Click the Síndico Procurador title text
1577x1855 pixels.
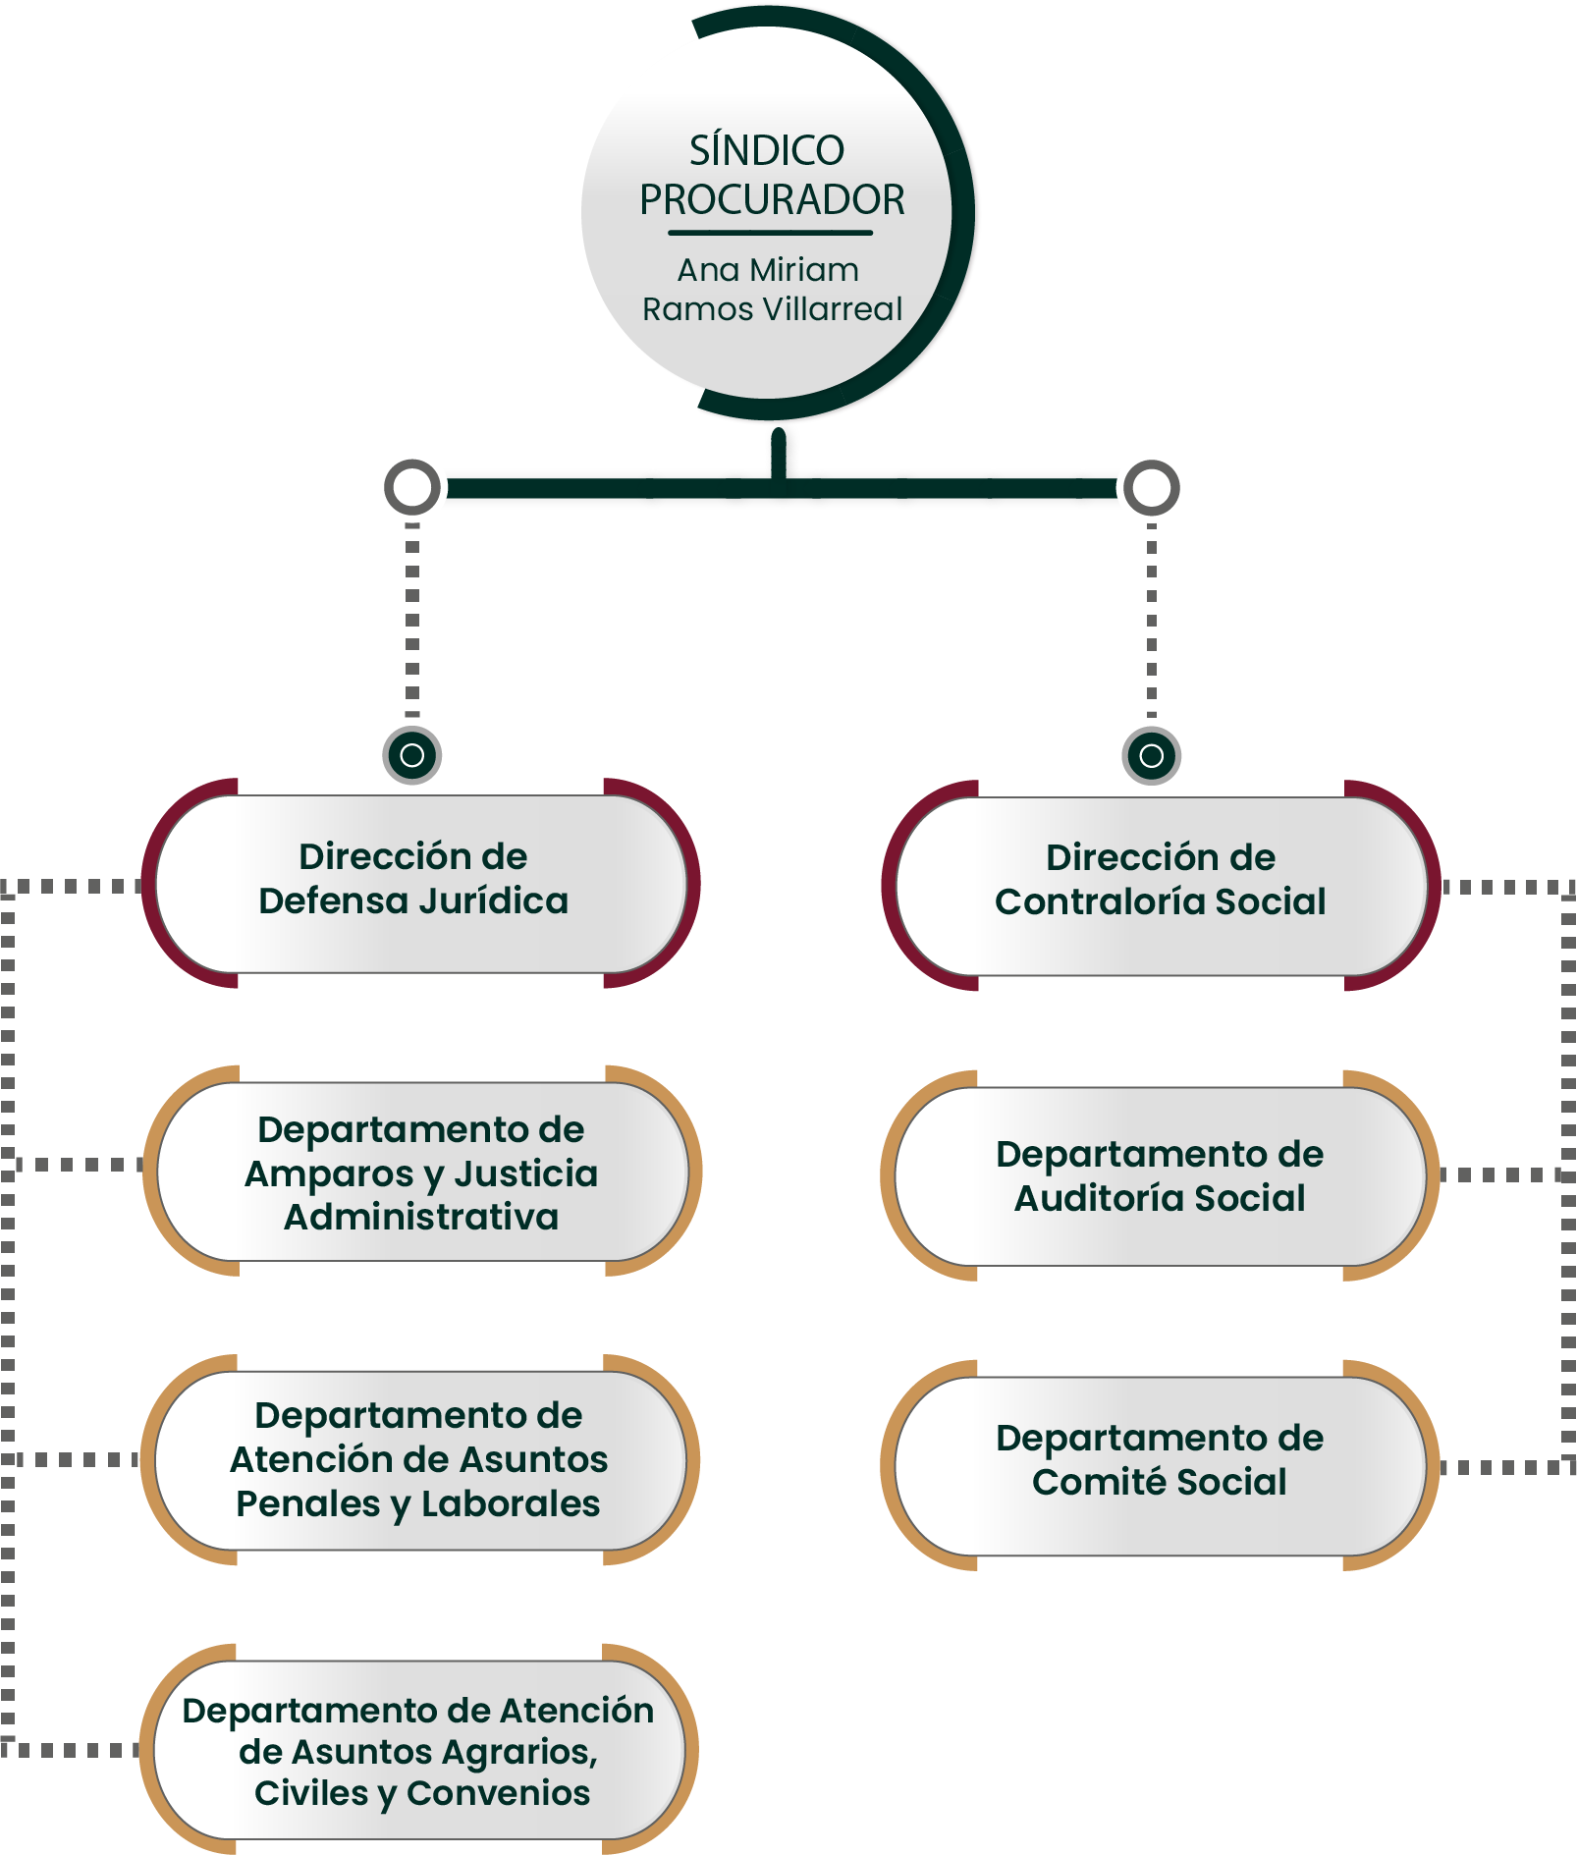(x=771, y=175)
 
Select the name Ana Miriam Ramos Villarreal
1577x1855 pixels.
(x=771, y=289)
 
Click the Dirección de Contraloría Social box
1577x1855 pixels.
(x=1160, y=880)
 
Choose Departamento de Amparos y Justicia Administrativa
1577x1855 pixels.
(x=421, y=1173)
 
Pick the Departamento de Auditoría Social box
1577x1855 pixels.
(x=1160, y=1175)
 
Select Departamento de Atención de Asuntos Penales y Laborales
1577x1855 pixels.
(x=419, y=1459)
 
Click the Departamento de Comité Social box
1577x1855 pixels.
(x=1160, y=1459)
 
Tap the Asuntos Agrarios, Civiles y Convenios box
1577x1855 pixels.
(x=419, y=1751)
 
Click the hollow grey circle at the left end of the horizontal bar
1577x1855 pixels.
(x=412, y=487)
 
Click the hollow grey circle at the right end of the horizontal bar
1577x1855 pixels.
(x=1151, y=487)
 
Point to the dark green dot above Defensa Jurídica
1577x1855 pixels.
(x=412, y=755)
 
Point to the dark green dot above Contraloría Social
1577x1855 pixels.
(x=1151, y=755)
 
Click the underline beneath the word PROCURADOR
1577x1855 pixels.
(x=771, y=233)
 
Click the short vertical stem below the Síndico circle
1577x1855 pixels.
(x=779, y=454)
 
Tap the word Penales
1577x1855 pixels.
(x=307, y=1504)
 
